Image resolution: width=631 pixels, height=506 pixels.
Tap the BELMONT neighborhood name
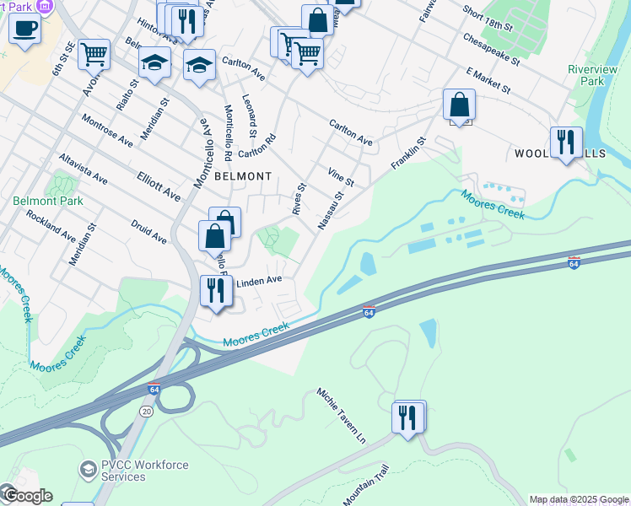(x=243, y=176)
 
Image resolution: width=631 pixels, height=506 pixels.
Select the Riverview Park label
(x=586, y=75)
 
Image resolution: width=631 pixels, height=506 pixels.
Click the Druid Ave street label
(x=148, y=232)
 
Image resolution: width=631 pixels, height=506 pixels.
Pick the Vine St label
(x=340, y=175)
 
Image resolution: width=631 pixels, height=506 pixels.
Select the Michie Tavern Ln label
(x=342, y=417)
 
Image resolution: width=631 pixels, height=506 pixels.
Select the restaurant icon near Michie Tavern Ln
(x=408, y=417)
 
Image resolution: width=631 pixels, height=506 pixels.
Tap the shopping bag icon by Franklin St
(x=460, y=105)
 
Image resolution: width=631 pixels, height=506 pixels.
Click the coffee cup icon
(x=24, y=28)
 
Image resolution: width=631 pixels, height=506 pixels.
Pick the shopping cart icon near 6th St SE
(x=94, y=55)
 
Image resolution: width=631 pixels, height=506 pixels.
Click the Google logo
(x=27, y=496)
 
